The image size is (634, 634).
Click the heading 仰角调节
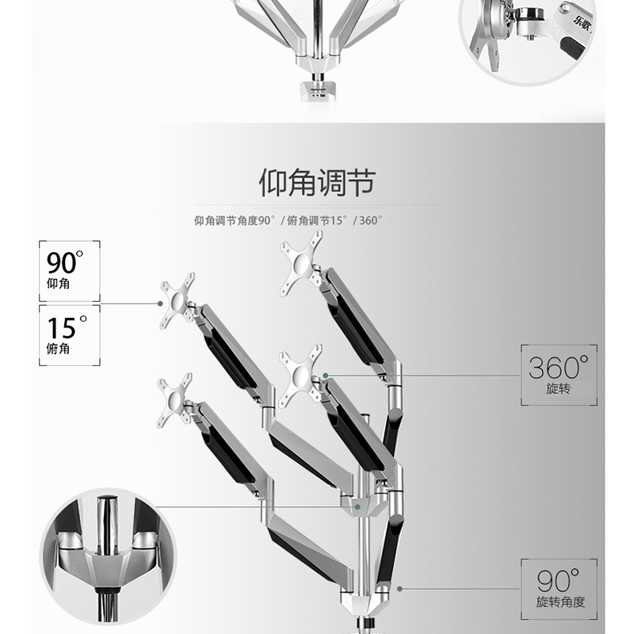click(316, 184)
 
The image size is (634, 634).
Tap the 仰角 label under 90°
click(58, 284)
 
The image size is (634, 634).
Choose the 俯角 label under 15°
click(58, 349)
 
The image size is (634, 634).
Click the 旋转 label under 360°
click(560, 390)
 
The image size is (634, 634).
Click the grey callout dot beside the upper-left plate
click(161, 302)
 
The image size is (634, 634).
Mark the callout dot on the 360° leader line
click(325, 374)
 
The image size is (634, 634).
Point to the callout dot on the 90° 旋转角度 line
click(401, 589)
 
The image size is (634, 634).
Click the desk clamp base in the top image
click(316, 87)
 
